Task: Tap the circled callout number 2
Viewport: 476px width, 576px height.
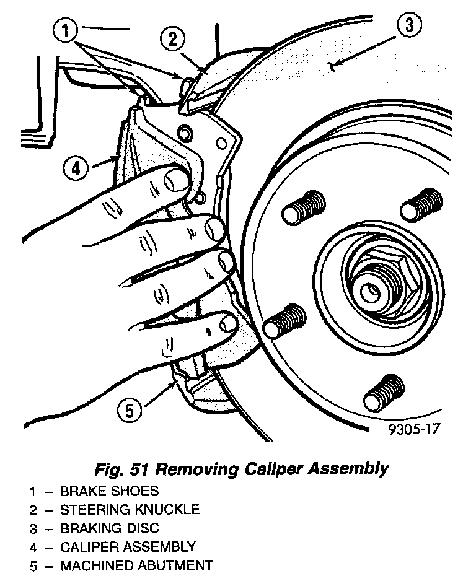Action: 173,39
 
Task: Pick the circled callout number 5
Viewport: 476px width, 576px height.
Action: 128,411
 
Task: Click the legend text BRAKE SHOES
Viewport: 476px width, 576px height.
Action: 109,492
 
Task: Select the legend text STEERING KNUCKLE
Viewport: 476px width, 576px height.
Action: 130,510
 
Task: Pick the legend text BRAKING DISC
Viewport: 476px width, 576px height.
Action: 110,529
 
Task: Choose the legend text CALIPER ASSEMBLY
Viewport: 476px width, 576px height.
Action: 128,547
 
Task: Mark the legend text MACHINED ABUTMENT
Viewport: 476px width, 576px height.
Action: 136,565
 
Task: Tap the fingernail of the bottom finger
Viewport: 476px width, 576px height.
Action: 229,323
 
